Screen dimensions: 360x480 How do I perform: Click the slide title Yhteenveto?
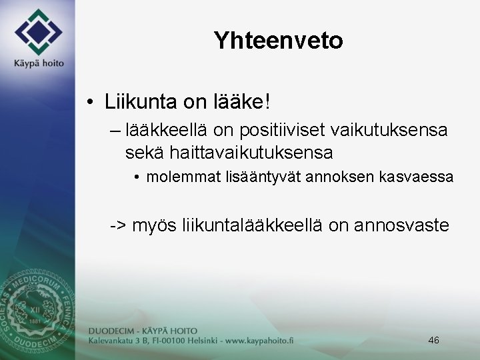pos(278,41)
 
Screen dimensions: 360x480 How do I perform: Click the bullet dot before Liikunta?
pos(89,103)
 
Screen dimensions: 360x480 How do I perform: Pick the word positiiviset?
pos(295,131)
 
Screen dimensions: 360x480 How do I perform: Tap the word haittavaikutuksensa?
pos(251,153)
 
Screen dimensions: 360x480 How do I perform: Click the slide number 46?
pos(433,340)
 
